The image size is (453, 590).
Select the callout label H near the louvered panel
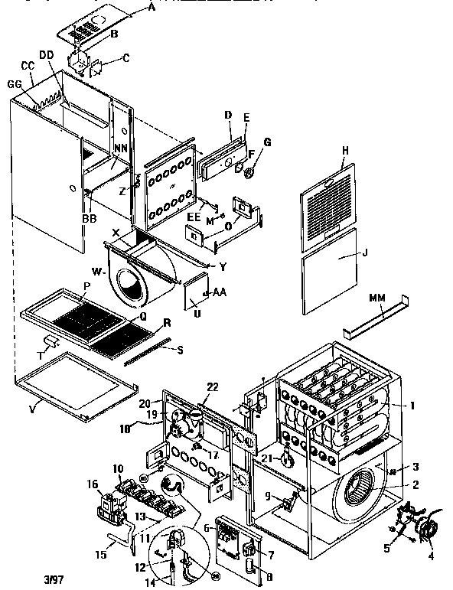[345, 152]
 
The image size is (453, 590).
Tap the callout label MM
[376, 296]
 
